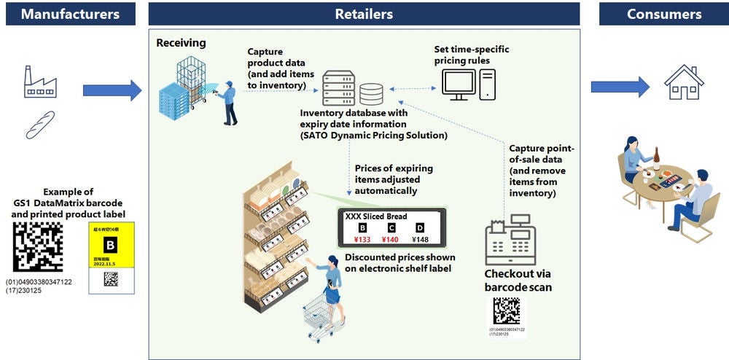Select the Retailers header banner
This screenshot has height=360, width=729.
tap(364, 14)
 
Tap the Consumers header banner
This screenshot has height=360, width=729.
tap(664, 14)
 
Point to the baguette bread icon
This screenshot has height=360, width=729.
tap(41, 124)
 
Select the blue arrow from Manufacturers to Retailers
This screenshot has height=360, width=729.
tap(112, 90)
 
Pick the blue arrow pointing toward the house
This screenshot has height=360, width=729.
tap(619, 87)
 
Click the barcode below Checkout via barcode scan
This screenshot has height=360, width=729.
tap(506, 310)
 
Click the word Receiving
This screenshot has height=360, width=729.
tap(181, 43)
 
